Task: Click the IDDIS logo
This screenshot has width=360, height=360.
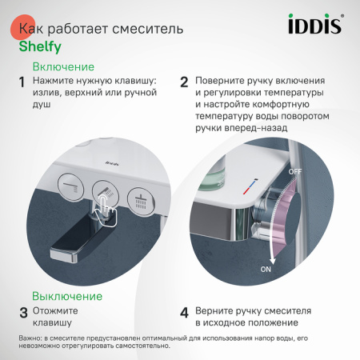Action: tap(314, 26)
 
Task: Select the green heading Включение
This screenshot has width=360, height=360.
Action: tap(62, 67)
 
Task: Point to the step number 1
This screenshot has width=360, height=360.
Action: tap(22, 82)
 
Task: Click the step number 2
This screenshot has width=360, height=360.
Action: tap(184, 82)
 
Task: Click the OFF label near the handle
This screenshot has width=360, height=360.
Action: tap(295, 172)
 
